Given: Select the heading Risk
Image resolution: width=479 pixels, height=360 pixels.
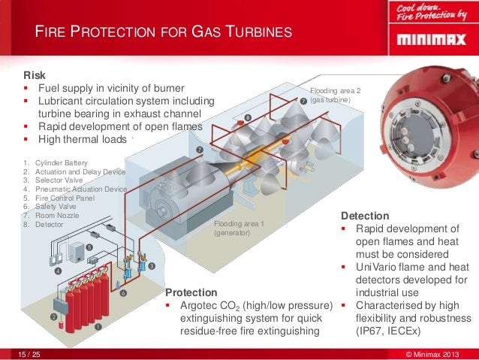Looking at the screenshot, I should (34, 76).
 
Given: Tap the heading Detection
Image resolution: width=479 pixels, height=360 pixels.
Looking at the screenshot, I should (364, 216).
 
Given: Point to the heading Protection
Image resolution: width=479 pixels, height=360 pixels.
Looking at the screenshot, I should (191, 292).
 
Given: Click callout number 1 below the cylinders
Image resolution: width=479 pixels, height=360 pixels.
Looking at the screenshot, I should (98, 326).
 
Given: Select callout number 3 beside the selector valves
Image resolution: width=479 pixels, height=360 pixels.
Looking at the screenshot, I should (151, 266).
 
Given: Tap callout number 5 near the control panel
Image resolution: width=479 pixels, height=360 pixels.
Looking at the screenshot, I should (89, 247).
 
